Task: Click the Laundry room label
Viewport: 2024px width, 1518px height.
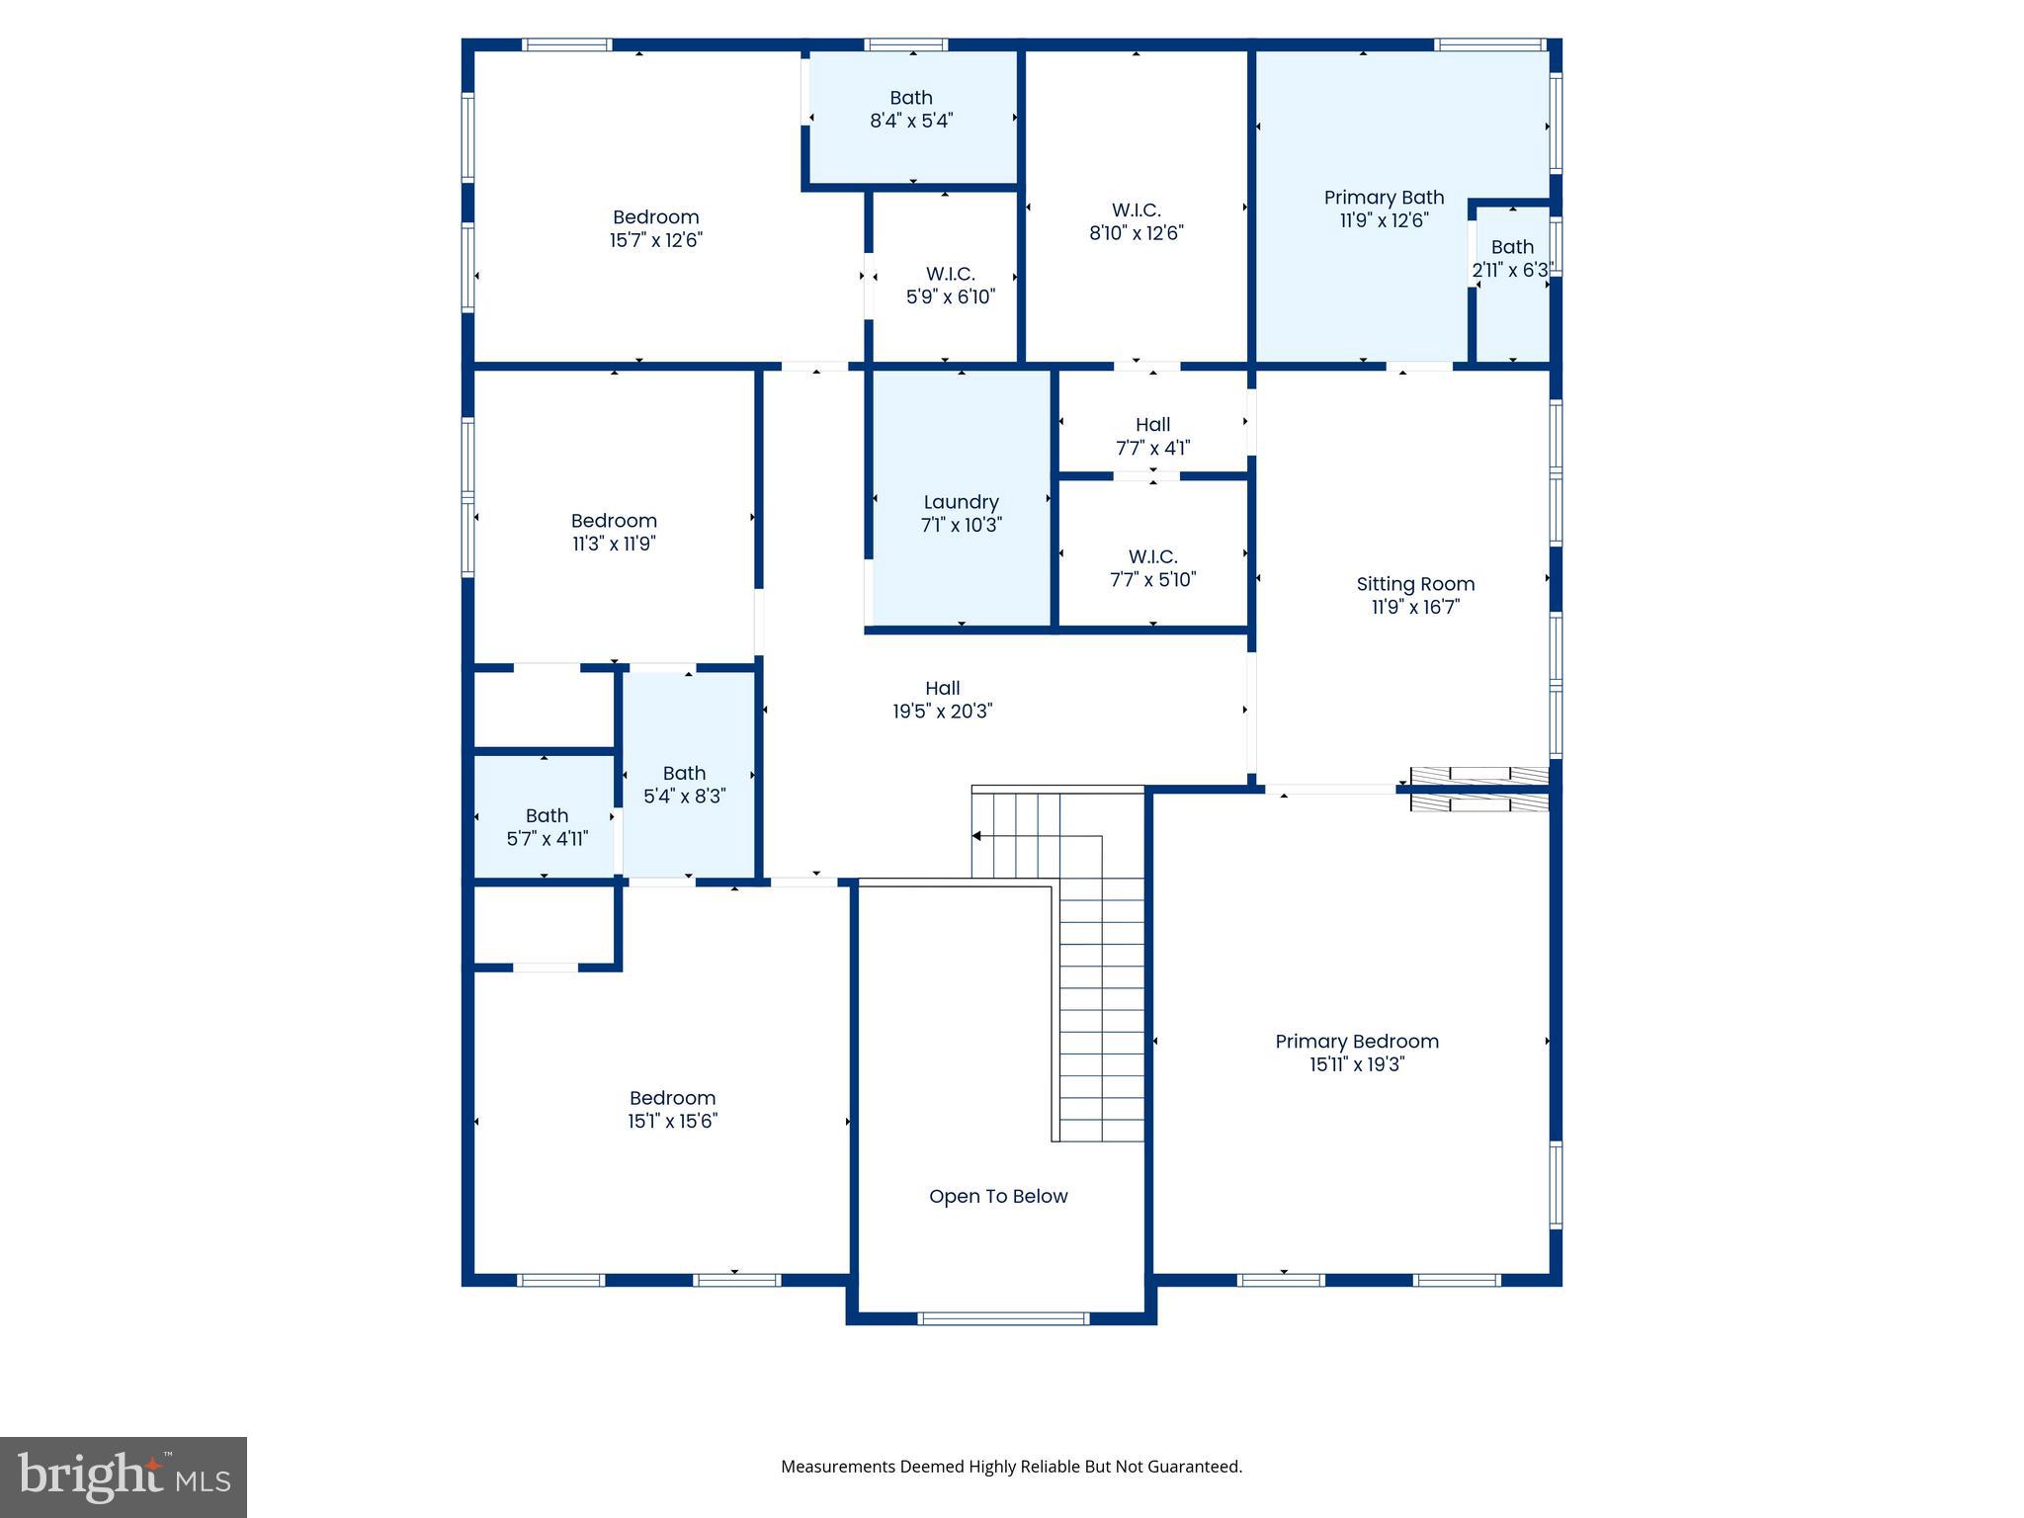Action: [x=961, y=503]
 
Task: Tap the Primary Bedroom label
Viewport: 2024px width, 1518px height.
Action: [x=1356, y=1042]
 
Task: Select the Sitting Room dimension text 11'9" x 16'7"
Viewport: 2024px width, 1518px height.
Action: [x=1415, y=607]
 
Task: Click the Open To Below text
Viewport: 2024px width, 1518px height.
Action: [x=998, y=1197]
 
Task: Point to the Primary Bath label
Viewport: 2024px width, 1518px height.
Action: [x=1384, y=198]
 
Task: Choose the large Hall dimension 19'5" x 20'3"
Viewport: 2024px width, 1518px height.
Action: [x=942, y=712]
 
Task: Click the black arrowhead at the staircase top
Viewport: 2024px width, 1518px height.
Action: [x=976, y=836]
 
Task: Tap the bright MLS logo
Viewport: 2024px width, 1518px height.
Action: [x=124, y=1476]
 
